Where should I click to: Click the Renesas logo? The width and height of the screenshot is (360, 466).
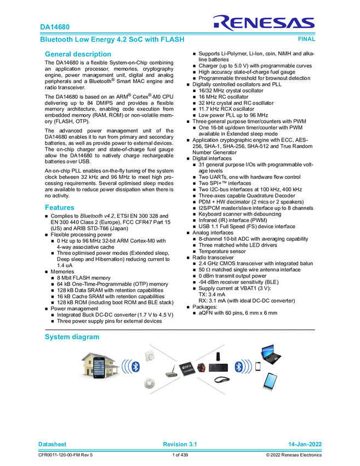click(x=264, y=22)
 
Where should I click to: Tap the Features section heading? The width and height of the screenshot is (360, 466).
click(x=59, y=207)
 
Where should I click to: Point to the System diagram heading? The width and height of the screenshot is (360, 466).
click(x=72, y=337)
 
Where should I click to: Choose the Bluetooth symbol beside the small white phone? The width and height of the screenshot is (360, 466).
click(x=238, y=366)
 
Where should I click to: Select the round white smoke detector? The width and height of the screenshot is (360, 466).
click(x=149, y=383)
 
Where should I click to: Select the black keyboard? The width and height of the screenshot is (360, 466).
click(x=218, y=366)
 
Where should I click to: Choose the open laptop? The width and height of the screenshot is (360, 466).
click(x=272, y=354)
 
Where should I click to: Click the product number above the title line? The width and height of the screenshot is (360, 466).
click(x=55, y=26)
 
